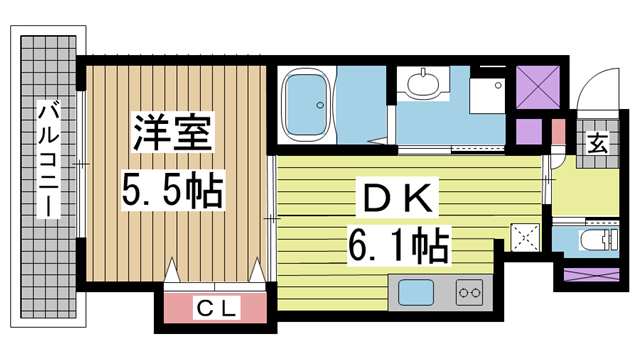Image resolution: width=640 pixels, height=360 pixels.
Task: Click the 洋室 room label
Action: click(x=172, y=132)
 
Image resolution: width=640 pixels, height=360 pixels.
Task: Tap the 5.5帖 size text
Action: click(x=172, y=192)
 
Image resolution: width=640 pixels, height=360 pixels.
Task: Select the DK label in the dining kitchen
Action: click(x=397, y=198)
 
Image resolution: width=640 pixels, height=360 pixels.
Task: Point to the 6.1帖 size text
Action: click(x=398, y=245)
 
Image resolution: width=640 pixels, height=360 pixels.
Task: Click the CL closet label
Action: click(x=216, y=308)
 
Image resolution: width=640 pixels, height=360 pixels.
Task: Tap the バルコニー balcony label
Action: click(x=49, y=159)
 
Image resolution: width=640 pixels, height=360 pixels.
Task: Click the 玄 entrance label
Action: click(x=597, y=144)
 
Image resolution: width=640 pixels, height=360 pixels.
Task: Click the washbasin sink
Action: click(x=423, y=84)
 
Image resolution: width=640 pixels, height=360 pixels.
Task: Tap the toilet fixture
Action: click(x=599, y=239)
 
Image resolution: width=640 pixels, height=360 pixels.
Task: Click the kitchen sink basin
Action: click(x=416, y=292)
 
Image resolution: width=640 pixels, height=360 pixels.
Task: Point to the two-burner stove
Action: click(x=469, y=292)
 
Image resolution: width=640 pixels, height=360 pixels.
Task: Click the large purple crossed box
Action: click(x=538, y=87)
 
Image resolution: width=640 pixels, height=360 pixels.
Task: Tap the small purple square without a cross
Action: click(x=529, y=132)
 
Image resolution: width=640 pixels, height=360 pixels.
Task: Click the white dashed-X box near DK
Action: click(x=525, y=238)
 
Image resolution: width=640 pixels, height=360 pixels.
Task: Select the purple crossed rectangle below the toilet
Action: click(x=591, y=274)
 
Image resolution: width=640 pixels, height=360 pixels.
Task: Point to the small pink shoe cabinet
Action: click(x=558, y=131)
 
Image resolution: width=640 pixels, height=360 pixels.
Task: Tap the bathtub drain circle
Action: click(x=320, y=105)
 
